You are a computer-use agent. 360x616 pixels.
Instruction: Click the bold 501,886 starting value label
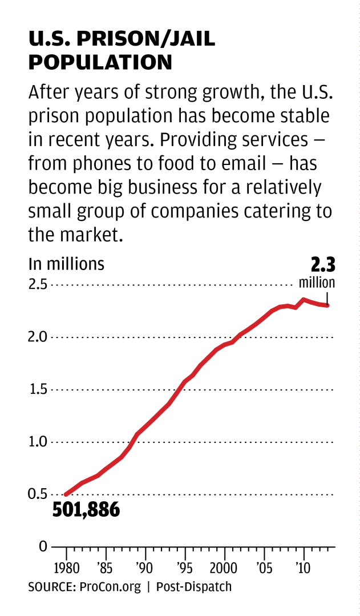[86, 509]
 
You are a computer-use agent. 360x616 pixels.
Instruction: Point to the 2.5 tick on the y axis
[38, 284]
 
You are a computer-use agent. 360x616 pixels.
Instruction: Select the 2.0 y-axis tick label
[38, 337]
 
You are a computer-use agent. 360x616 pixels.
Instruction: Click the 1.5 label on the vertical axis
[38, 389]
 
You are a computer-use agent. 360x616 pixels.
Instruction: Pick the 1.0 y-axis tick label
[38, 442]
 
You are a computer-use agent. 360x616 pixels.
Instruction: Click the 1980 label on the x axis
[67, 569]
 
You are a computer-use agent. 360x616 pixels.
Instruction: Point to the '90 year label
[145, 569]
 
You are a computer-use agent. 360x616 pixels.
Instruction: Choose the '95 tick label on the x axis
[185, 569]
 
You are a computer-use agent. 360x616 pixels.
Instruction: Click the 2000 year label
[224, 569]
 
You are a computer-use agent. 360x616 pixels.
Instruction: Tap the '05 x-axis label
[264, 569]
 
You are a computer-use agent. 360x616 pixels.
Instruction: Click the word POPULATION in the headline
[100, 62]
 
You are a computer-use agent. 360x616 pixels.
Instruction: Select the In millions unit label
[67, 264]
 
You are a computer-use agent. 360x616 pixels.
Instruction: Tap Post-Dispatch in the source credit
[194, 587]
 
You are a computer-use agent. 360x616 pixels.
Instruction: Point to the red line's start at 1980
[66, 494]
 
